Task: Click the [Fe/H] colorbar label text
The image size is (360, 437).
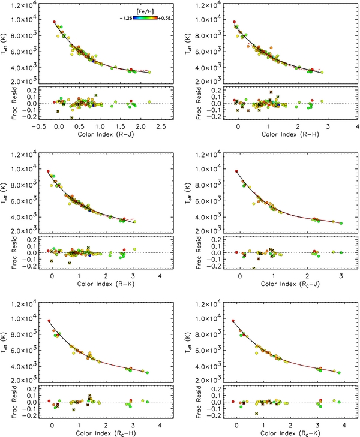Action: tap(145, 11)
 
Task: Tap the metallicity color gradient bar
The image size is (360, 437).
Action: tap(145, 18)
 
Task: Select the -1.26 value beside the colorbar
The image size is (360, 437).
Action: tap(126, 19)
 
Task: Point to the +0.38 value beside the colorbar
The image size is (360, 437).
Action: tap(164, 19)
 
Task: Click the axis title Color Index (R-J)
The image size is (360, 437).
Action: tap(106, 134)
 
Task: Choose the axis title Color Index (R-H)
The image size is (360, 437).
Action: tap(290, 134)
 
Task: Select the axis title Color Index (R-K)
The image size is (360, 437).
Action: tap(106, 284)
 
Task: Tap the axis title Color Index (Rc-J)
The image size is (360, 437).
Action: tap(290, 284)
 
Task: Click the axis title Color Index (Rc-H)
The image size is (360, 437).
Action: tap(106, 433)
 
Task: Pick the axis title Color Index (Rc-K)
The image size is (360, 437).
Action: tap(290, 433)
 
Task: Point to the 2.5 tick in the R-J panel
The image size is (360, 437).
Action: tap(161, 126)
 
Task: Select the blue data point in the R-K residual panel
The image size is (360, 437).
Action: tap(89, 255)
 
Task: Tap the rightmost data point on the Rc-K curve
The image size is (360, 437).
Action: tap(339, 373)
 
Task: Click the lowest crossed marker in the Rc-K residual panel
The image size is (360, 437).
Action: tap(256, 414)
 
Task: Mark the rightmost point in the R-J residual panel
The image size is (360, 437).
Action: tap(149, 102)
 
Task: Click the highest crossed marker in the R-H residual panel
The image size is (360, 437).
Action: tap(271, 92)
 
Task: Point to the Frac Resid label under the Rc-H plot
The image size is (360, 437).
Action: tap(14, 402)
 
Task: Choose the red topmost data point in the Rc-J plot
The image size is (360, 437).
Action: tap(236, 171)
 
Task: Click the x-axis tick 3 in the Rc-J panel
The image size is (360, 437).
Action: tap(341, 276)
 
